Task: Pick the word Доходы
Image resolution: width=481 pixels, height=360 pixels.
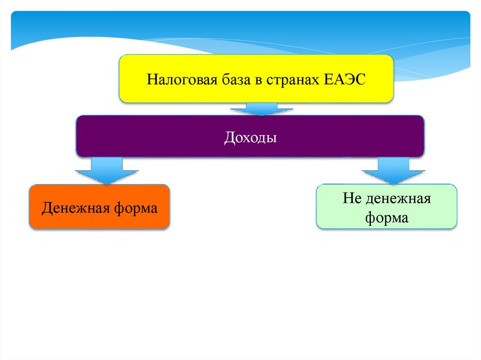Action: [x=250, y=138]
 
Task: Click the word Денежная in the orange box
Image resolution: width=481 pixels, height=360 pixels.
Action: [x=75, y=207]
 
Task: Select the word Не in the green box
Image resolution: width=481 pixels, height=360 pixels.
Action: [x=351, y=198]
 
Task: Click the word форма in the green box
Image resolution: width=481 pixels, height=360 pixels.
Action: [x=387, y=218]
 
